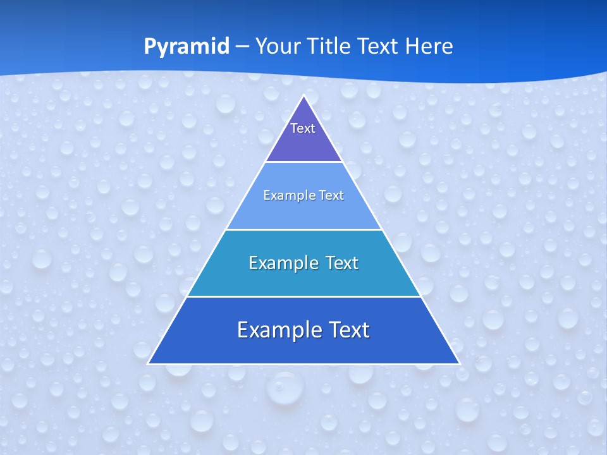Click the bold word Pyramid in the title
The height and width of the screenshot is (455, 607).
[187, 47]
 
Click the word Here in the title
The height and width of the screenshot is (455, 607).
[429, 47]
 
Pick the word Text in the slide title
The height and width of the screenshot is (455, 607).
[378, 47]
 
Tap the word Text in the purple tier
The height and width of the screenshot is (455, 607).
[303, 128]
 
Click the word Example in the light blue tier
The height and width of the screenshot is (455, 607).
[288, 195]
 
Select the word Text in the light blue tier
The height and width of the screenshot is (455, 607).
[330, 195]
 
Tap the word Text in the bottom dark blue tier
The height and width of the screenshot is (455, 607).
[346, 330]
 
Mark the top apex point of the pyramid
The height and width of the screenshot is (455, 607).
[304, 96]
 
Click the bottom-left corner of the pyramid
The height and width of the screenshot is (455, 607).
[149, 363]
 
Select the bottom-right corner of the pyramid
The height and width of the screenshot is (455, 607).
[459, 363]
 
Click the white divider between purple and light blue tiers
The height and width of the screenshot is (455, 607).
[304, 162]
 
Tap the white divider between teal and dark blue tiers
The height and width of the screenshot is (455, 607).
[304, 296]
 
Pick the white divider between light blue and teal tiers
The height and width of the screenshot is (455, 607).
[304, 229]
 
